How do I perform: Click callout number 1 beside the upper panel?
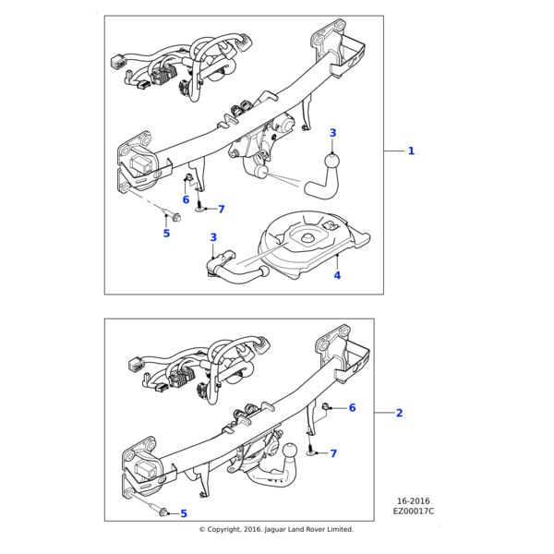(411, 151)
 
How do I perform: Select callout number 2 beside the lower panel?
(399, 413)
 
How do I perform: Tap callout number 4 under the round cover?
(337, 275)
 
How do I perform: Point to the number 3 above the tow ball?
(333, 133)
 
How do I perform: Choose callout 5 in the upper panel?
(166, 234)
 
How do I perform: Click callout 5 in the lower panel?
(183, 513)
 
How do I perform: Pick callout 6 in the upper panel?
(186, 199)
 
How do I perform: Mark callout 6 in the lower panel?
(352, 407)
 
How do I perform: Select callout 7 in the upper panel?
(221, 210)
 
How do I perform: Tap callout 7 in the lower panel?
(333, 453)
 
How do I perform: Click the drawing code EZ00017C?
(413, 511)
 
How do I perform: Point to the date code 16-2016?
(413, 501)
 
